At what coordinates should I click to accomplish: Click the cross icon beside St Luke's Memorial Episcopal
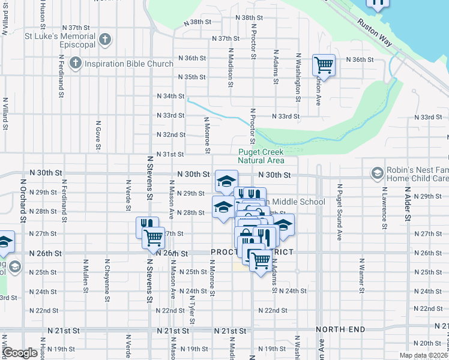[105, 40]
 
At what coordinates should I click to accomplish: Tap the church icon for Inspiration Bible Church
[76, 62]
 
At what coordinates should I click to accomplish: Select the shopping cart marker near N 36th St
[324, 65]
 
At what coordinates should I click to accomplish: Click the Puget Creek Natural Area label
[261, 157]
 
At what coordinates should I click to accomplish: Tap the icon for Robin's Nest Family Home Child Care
[378, 174]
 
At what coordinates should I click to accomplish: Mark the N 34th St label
[170, 96]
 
